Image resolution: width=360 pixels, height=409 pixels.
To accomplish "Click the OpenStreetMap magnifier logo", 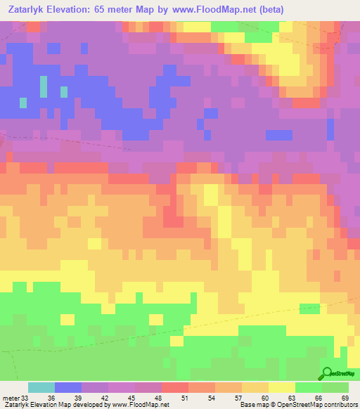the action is tap(326, 373).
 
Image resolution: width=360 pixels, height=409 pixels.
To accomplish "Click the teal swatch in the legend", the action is tap(41, 387).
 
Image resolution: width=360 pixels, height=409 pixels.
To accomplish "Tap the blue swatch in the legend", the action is tap(68, 387).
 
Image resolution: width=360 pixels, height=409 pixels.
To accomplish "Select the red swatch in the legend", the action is tap(175, 387).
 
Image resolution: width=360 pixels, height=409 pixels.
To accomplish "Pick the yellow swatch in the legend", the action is tap(282, 387).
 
